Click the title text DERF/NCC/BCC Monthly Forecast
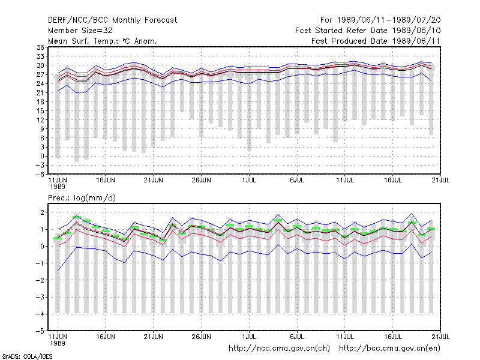[112, 20]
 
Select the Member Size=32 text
[80, 31]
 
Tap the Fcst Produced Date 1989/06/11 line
[376, 41]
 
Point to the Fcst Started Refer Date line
[368, 31]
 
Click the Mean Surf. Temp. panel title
[102, 41]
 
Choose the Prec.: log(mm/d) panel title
[82, 198]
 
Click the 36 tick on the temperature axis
[40, 47]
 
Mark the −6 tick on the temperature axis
[40, 174]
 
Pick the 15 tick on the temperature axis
[40, 111]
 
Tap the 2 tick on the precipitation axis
[42, 212]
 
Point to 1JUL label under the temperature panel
[249, 181]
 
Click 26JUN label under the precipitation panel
[201, 337]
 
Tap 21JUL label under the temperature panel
[440, 181]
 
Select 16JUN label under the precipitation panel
[106, 337]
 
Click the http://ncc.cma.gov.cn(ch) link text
[279, 349]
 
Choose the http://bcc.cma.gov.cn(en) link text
[389, 349]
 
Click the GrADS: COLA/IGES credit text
[28, 356]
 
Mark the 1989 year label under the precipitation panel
[58, 343]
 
